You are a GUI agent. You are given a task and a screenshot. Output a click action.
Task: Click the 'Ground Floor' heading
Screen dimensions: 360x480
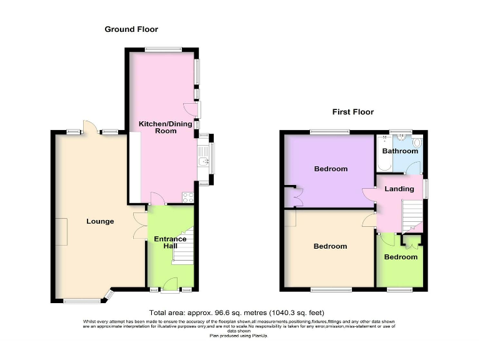coord(131,29)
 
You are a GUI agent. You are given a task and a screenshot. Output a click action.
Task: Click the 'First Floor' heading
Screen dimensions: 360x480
coord(352,112)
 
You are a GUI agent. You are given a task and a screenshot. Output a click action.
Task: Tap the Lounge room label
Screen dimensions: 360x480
coord(100,221)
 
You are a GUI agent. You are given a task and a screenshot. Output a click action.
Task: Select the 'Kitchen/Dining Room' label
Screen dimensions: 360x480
coord(166,127)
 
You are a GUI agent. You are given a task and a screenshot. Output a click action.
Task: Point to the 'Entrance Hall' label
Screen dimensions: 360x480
coord(170,242)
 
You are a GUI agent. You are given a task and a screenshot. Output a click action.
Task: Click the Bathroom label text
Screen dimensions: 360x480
coord(400,151)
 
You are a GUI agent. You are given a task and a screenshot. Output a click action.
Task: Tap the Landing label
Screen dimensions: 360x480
coord(399,189)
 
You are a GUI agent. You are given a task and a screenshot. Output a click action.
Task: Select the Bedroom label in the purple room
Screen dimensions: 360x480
coord(331,169)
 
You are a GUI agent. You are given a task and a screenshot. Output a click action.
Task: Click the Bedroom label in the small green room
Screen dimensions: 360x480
coord(401,257)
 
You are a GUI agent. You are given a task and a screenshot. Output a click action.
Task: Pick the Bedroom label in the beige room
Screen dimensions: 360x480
coord(330,246)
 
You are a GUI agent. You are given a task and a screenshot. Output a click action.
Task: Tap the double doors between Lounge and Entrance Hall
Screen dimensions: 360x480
coord(141,226)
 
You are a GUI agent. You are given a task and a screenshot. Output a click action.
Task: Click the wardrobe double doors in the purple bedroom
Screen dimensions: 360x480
coord(291,196)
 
